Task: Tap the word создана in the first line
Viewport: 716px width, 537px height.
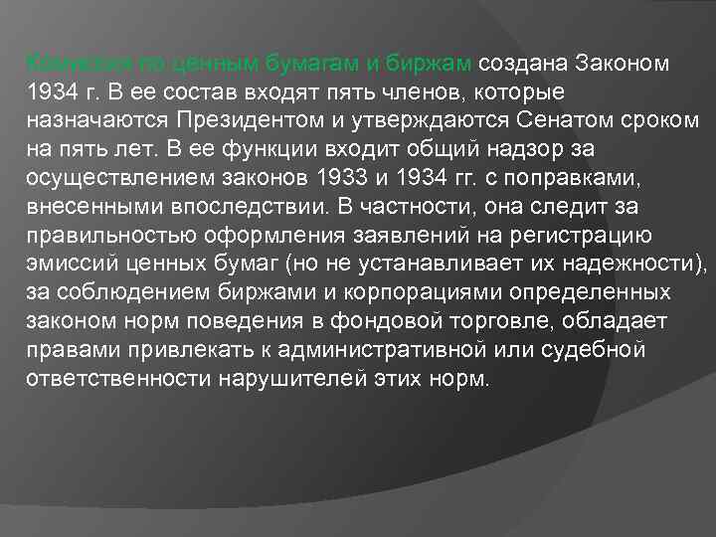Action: [x=519, y=64]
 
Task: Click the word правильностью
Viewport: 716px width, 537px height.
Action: [x=105, y=236]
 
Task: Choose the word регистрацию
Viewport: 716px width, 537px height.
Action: [x=567, y=236]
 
